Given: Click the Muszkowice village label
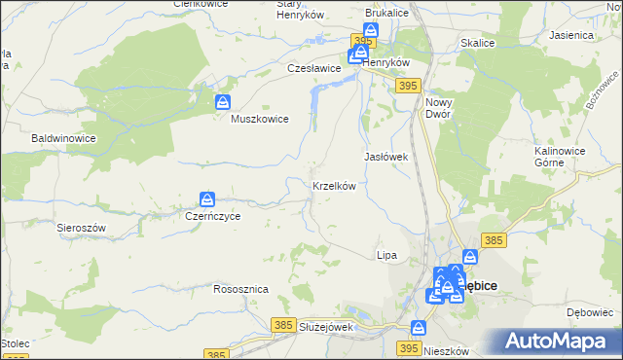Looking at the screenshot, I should point(259,120).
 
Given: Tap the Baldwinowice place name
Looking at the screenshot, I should point(63,139).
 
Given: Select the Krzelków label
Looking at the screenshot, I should point(333,186).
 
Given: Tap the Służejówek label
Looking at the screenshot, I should point(325,327).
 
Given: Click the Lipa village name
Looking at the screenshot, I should point(386,255).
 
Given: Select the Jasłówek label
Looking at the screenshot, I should point(385,157).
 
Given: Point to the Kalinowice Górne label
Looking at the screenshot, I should point(564,157).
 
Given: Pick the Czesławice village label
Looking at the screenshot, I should point(313,69).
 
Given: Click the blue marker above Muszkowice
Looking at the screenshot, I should point(223,101).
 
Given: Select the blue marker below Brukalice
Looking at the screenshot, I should point(371,31).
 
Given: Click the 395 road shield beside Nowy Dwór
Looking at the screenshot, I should point(408,88).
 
